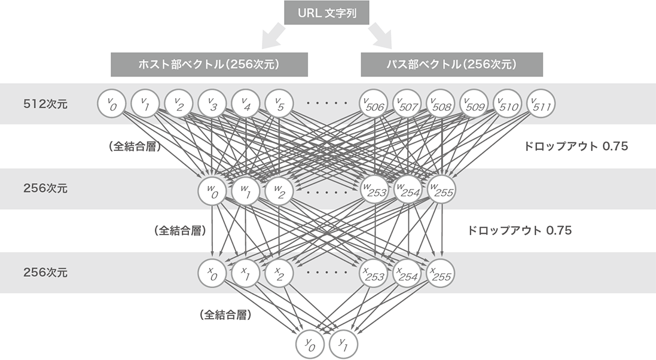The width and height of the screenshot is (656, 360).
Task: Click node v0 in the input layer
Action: coord(109,104)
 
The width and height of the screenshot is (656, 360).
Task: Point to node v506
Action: coord(374,104)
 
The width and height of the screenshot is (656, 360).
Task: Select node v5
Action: coord(278,104)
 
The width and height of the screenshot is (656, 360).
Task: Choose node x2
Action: coord(278,273)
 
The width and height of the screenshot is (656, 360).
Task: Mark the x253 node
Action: coord(374,273)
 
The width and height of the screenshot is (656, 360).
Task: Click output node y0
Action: coord(309,343)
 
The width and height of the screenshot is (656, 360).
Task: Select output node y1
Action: coord(343,343)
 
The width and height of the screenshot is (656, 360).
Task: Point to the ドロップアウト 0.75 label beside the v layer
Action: coord(575,147)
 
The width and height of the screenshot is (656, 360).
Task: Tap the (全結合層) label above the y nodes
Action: coord(225,314)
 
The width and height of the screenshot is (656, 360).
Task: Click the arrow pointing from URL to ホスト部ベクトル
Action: coord(273,35)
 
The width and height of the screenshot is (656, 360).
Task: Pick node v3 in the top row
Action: coord(210,104)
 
